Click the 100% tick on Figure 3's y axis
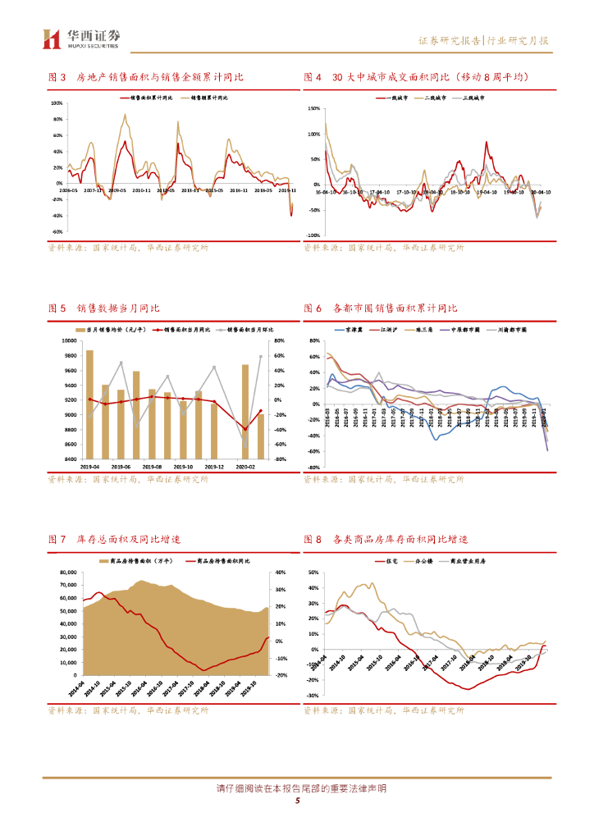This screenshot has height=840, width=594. click(x=57, y=104)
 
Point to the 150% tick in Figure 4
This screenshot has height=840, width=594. click(x=313, y=108)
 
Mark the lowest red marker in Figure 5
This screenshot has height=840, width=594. click(x=244, y=428)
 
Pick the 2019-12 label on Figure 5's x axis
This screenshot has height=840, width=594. click(x=214, y=465)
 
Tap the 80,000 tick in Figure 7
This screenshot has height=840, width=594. click(x=65, y=573)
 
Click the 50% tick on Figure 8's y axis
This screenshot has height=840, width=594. click(x=314, y=565)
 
